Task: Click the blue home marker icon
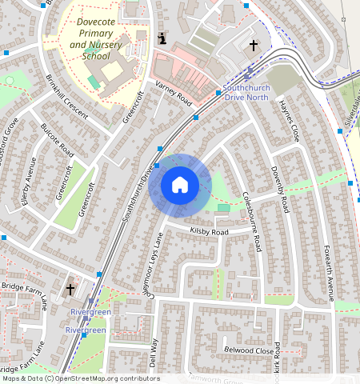click(x=180, y=185)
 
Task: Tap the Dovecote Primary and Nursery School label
click(x=101, y=39)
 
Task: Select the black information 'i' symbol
click(x=162, y=38)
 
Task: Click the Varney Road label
click(x=174, y=96)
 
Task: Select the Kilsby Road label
click(x=209, y=232)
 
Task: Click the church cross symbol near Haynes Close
click(x=254, y=46)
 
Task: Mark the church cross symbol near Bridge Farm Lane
click(x=70, y=288)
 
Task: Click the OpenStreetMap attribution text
click(x=80, y=378)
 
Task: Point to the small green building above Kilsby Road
click(x=223, y=208)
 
